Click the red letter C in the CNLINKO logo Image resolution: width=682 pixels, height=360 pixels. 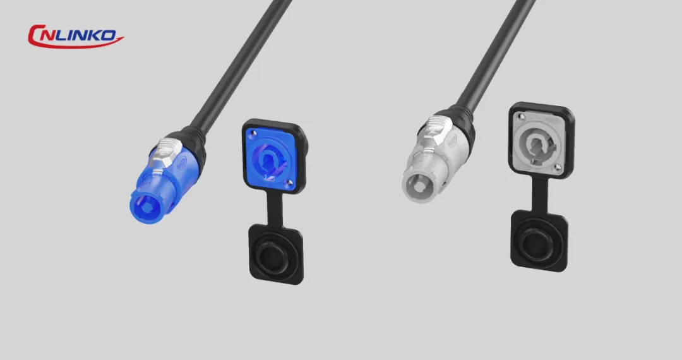pos(34,35)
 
